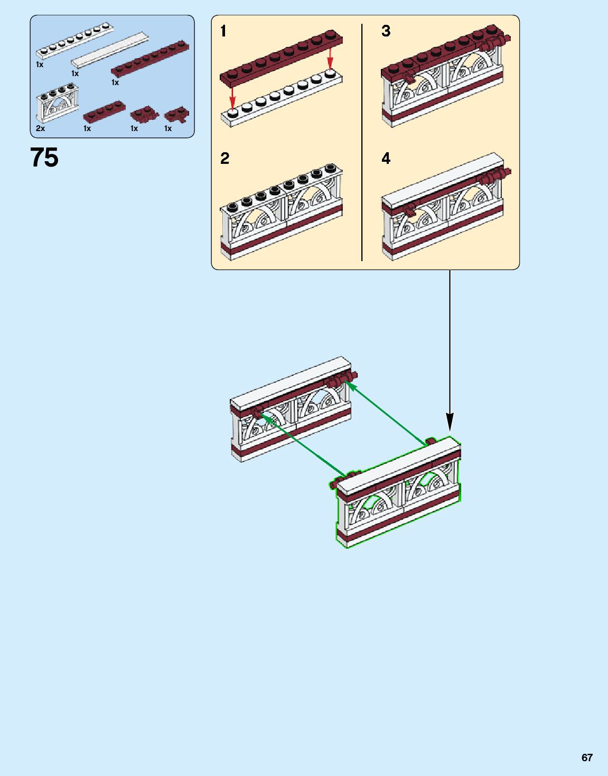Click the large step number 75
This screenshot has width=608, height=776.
tap(44, 158)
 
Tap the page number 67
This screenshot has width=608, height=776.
tap(587, 757)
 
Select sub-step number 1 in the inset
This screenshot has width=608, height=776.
tap(223, 32)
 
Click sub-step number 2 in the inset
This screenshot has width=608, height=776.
tap(225, 159)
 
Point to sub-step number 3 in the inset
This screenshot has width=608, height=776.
tap(386, 31)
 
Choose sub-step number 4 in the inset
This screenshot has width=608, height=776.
tap(386, 159)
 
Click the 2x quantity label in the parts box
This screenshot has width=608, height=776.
tap(41, 128)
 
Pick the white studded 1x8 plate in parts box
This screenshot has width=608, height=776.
tap(74, 41)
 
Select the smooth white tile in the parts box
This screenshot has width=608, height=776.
tap(110, 50)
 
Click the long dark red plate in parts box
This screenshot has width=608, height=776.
tap(149, 57)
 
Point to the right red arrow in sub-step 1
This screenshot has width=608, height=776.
tap(331, 58)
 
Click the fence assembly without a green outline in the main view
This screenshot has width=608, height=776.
tap(291, 410)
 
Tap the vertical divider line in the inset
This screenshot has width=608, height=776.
tap(362, 143)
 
